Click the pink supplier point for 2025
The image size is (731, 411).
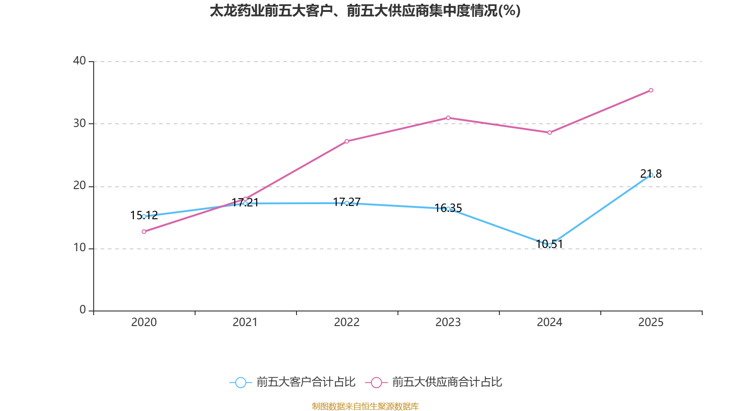tap(651, 90)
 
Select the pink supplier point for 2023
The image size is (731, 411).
tap(448, 118)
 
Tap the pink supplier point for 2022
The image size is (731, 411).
tap(347, 141)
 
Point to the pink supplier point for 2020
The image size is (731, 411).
tap(144, 232)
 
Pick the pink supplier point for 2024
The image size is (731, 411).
tap(550, 132)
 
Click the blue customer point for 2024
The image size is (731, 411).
tap(550, 245)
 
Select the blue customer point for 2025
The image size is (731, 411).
tap(651, 175)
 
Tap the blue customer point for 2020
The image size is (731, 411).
tap(144, 216)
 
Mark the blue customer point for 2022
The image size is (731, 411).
tap(347, 203)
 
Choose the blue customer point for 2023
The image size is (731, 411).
tap(448, 209)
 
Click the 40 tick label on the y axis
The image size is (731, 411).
tap(79, 61)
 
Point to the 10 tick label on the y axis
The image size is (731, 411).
tap(79, 248)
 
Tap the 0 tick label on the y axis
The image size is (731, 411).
tap(83, 310)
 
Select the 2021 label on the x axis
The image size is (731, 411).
tap(245, 322)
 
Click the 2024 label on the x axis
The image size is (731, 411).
tap(550, 322)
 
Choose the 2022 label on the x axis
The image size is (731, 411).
tap(347, 322)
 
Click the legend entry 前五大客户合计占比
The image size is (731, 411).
tap(293, 382)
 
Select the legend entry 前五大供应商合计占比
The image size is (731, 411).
tap(434, 382)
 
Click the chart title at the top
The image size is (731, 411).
tap(365, 11)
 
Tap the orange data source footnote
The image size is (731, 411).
tap(365, 406)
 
